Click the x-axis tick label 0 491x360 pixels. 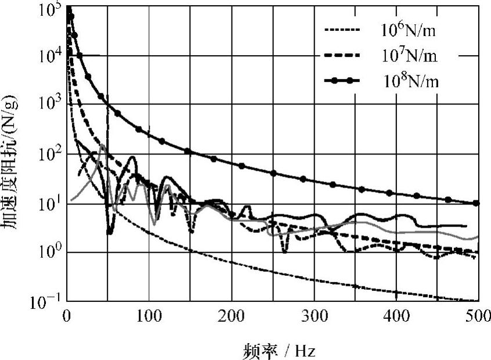67,317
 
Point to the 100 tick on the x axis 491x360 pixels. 149,317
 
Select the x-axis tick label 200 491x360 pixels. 232,317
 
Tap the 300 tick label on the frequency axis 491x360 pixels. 314,317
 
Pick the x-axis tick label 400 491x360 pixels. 396,317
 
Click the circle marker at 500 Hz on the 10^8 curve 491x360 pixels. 476,203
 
